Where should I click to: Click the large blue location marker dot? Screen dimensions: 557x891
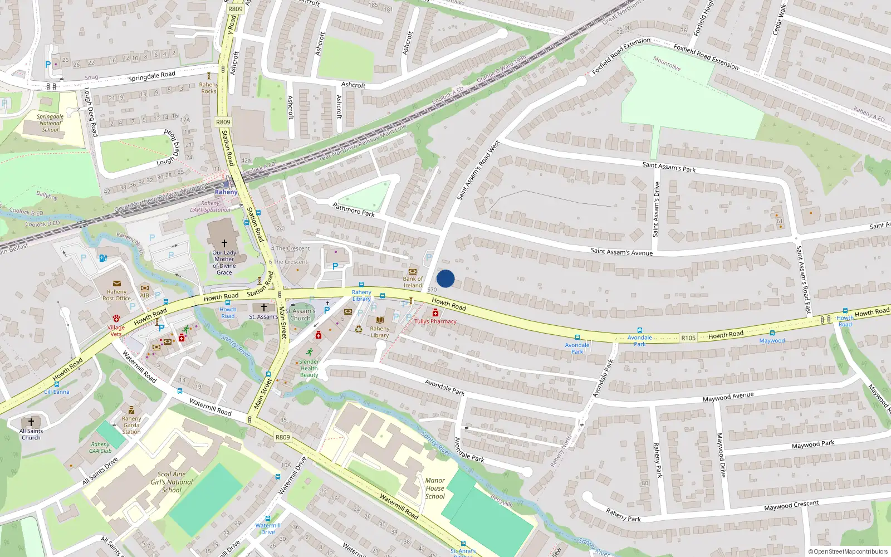point(445,278)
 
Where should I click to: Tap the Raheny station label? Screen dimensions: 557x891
point(226,192)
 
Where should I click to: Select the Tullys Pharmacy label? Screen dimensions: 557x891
point(435,321)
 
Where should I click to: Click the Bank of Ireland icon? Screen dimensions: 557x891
point(413,271)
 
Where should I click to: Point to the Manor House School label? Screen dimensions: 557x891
point(435,488)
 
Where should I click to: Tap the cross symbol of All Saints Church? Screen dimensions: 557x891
point(31,422)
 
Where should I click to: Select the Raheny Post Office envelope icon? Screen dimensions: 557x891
point(117,284)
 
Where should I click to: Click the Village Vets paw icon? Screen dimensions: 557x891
point(116,319)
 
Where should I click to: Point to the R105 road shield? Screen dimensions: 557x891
point(688,338)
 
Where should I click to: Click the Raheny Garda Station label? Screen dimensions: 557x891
point(131,425)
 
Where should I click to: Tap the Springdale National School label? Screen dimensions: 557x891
point(50,123)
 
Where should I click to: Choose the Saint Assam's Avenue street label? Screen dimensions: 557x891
point(621,252)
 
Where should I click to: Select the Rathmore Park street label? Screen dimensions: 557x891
point(354,210)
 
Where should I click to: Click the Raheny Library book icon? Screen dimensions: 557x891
point(380,320)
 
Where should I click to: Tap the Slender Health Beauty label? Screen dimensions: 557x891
point(309,368)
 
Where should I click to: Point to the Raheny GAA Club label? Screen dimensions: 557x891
point(100,448)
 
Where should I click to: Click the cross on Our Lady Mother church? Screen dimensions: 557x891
point(224,243)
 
